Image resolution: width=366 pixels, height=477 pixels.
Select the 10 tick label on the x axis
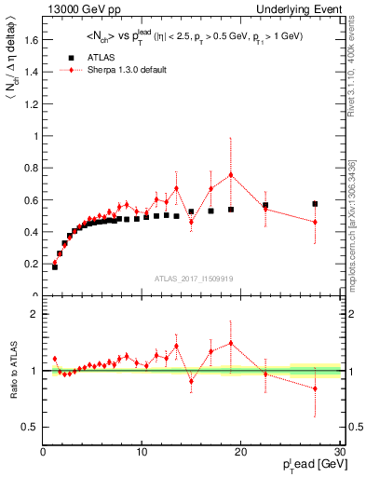[x=142, y=453]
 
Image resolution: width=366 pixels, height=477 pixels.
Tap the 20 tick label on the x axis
[x=240, y=453]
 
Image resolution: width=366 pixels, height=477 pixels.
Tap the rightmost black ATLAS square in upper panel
[x=315, y=203]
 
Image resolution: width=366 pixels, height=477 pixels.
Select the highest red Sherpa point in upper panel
[x=231, y=174]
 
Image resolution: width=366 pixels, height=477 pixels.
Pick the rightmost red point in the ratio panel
[x=315, y=388]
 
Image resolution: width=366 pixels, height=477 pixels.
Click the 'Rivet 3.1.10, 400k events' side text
[x=358, y=65]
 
